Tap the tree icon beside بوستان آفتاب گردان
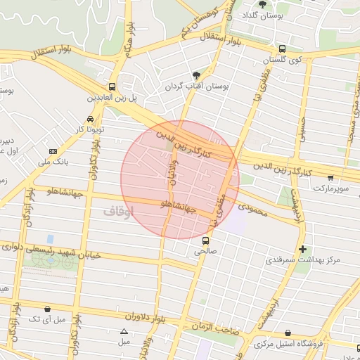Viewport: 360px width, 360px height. point(196,75)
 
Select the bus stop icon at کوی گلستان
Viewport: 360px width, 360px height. point(282,49)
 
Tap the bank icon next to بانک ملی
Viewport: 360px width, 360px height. point(53,151)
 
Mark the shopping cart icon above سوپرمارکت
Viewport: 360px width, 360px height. point(330,177)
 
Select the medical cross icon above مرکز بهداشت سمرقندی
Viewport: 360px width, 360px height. point(302,249)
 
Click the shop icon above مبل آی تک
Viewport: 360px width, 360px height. point(47,309)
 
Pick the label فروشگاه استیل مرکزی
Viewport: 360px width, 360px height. point(288,344)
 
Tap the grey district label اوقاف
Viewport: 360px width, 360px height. point(117,210)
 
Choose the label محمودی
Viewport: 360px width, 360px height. point(254,208)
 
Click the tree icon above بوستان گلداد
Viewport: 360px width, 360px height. point(262,4)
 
